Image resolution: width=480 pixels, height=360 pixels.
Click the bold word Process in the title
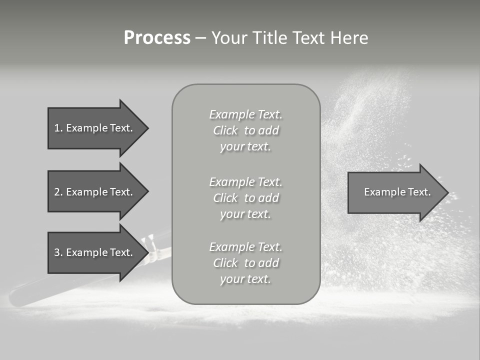pyautogui.click(x=157, y=38)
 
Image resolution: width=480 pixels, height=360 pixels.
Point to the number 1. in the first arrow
pyautogui.click(x=58, y=128)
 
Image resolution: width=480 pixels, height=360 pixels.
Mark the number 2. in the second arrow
pyautogui.click(x=58, y=192)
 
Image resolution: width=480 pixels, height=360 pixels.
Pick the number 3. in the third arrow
pyautogui.click(x=58, y=252)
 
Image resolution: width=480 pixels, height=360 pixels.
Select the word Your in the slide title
pyautogui.click(x=229, y=38)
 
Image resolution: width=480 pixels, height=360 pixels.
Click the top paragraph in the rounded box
pyautogui.click(x=245, y=130)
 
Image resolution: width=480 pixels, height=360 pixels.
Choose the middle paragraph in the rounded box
pyautogui.click(x=245, y=198)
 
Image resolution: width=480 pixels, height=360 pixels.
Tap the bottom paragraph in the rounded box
pyautogui.click(x=245, y=263)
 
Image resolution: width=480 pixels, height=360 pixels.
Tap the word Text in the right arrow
pyautogui.click(x=419, y=192)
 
